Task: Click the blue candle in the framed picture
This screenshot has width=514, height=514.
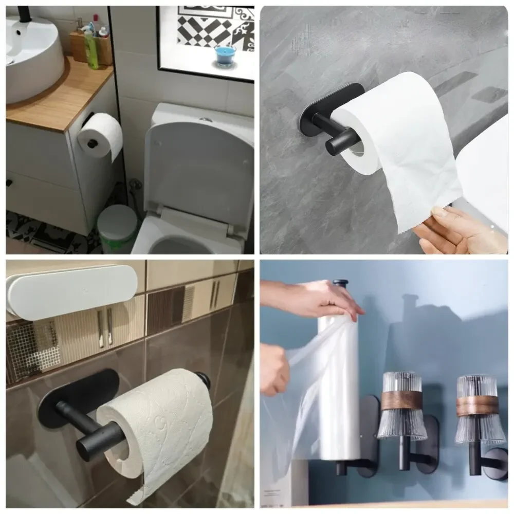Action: pos(224,55)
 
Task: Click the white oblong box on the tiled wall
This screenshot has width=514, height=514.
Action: pos(72,290)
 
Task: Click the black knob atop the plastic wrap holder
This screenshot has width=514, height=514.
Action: pos(340,283)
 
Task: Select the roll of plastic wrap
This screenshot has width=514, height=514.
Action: pos(339,385)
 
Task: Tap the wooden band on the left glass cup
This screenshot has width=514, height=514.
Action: pos(401,400)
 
